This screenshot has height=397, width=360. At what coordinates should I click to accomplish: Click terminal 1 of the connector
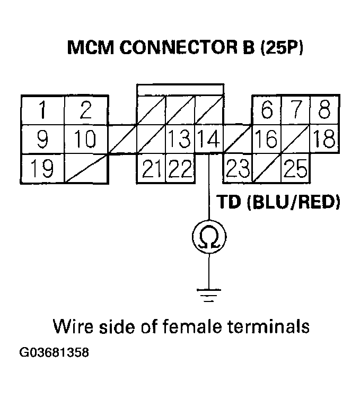click(42, 110)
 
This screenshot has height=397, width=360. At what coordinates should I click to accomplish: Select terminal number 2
click(86, 110)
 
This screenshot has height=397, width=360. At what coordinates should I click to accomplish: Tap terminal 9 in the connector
click(42, 140)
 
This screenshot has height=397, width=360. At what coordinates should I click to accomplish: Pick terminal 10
click(86, 140)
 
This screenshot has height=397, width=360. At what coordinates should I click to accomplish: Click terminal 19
click(42, 169)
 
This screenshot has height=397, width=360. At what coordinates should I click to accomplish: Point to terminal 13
click(180, 140)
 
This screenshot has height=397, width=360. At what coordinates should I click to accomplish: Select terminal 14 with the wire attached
click(209, 140)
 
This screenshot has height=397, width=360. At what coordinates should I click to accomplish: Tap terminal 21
click(152, 169)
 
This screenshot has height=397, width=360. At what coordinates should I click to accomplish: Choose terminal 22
click(180, 169)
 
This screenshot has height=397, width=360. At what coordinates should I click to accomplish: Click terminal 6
click(267, 110)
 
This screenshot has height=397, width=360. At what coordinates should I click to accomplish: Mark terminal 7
click(295, 110)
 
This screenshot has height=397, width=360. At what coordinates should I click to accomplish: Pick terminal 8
click(324, 110)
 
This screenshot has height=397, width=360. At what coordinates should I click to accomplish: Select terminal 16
click(267, 140)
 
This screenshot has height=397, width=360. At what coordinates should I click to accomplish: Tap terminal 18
click(324, 140)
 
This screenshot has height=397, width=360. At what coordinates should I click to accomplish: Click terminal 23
click(238, 169)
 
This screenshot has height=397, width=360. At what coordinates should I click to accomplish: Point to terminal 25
click(295, 169)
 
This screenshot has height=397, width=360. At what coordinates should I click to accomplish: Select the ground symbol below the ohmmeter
click(209, 294)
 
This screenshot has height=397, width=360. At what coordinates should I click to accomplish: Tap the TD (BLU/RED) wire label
click(277, 202)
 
